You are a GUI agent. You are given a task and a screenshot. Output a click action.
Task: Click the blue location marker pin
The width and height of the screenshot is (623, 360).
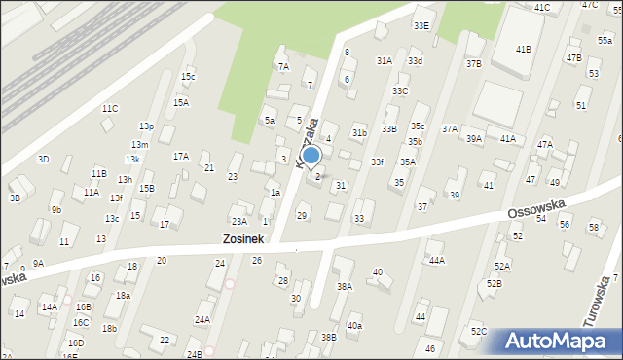(x=311, y=156)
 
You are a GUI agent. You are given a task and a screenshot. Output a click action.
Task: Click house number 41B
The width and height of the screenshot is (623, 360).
(x=524, y=49)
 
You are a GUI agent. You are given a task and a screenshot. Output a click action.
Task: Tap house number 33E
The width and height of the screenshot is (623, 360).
(x=421, y=25)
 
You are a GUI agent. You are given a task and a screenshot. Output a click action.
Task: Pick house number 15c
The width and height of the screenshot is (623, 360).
(x=188, y=77)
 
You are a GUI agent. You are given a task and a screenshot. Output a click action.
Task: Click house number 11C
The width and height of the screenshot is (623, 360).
(x=110, y=108)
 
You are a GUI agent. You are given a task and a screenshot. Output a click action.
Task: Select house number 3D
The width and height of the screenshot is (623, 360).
(x=43, y=159)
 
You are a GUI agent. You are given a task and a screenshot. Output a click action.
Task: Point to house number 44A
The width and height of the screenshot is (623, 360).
(x=437, y=260)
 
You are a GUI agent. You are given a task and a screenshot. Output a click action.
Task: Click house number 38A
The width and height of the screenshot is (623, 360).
(x=344, y=287)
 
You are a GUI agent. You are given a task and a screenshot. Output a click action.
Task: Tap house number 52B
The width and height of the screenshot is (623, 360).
(x=495, y=283)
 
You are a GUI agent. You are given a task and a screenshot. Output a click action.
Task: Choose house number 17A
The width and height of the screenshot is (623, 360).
(x=181, y=156)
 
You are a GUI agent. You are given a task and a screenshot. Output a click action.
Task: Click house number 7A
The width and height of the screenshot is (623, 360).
(x=283, y=67)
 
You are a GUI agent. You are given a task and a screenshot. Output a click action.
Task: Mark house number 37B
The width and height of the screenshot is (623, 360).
(x=474, y=64)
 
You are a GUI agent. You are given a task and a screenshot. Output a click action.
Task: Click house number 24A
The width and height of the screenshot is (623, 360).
(x=202, y=319)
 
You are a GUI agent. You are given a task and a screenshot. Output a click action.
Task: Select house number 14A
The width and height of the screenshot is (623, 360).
(x=49, y=306)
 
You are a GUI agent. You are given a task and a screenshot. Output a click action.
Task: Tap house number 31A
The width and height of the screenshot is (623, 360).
(x=385, y=60)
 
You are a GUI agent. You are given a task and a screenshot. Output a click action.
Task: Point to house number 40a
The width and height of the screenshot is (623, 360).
(x=354, y=326)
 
